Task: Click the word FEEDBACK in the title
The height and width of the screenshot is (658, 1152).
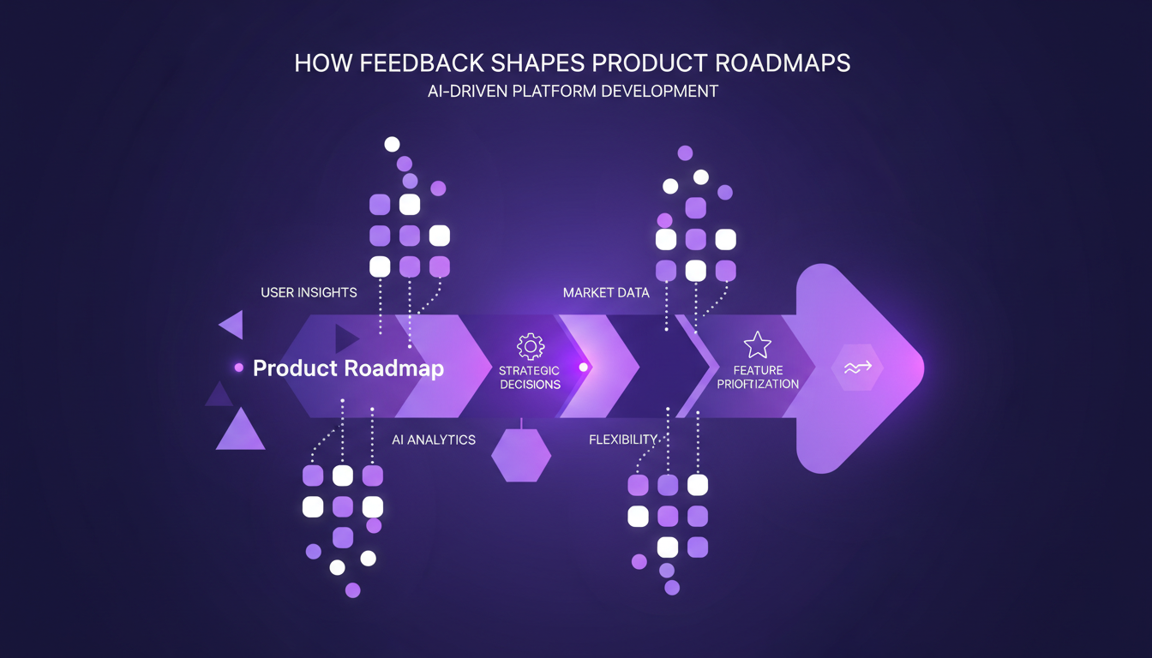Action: (x=404, y=63)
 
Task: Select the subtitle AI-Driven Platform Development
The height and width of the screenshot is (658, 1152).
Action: (x=573, y=91)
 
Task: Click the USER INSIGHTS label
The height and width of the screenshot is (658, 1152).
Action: (x=309, y=293)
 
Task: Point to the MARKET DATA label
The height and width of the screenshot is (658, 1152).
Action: (x=606, y=293)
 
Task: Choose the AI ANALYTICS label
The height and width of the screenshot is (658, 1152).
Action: (x=434, y=440)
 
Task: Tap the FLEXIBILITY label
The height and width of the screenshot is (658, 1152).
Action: (x=623, y=440)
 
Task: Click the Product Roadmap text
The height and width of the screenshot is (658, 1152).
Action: (x=348, y=368)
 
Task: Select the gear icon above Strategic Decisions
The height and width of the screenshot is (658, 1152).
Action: (x=530, y=347)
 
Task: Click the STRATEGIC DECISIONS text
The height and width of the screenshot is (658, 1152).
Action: (x=530, y=378)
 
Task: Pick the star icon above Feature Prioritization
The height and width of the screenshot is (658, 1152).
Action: (x=758, y=345)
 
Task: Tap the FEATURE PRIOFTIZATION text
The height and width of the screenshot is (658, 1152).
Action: (x=758, y=378)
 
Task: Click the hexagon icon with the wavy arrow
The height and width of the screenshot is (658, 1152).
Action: (x=857, y=368)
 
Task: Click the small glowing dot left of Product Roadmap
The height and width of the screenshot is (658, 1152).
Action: (x=239, y=368)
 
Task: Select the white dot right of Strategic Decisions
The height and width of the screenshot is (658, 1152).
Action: (x=584, y=368)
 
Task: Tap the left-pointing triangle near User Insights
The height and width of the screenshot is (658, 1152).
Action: (x=232, y=325)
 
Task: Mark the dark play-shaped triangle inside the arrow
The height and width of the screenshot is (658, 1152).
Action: (x=345, y=338)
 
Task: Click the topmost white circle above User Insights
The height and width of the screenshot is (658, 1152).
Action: (x=392, y=144)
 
